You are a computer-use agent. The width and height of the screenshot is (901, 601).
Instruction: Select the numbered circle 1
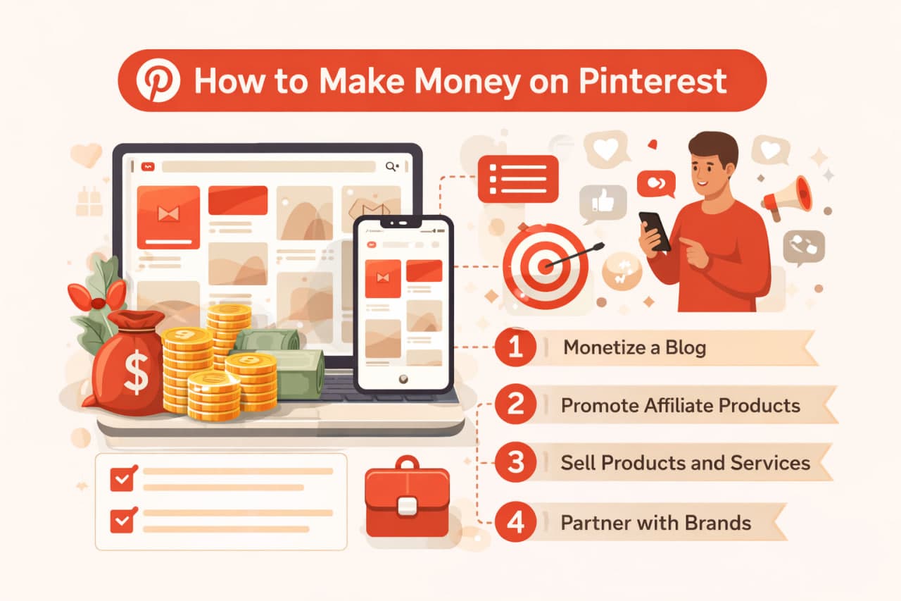pyautogui.click(x=516, y=347)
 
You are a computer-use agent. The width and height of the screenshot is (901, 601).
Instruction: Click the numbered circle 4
pyautogui.click(x=516, y=523)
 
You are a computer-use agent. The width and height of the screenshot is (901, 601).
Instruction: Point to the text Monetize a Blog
pyautogui.click(x=634, y=347)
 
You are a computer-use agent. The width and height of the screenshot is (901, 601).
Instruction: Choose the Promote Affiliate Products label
pyautogui.click(x=680, y=406)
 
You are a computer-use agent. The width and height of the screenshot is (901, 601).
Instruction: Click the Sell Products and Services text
pyautogui.click(x=686, y=463)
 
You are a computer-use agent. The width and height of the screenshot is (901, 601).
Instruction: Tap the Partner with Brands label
pyautogui.click(x=655, y=523)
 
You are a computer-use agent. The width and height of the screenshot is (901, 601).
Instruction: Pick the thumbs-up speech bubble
pyautogui.click(x=603, y=202)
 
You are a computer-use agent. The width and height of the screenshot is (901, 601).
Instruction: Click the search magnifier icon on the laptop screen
pyautogui.click(x=392, y=166)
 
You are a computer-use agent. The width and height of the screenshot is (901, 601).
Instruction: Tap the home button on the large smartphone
pyautogui.click(x=403, y=379)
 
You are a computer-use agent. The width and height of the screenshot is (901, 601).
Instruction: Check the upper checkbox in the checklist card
pyautogui.click(x=122, y=480)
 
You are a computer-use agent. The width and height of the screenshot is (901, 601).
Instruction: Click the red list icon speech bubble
pyautogui.click(x=517, y=178)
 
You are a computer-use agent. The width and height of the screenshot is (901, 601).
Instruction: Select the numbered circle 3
pyautogui.click(x=516, y=463)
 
